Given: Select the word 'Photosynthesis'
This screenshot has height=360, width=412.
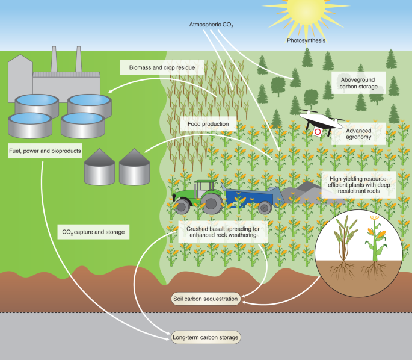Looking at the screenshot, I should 306,41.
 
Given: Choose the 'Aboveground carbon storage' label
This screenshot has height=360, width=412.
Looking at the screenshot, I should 359,82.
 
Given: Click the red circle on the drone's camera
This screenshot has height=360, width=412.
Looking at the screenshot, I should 318,131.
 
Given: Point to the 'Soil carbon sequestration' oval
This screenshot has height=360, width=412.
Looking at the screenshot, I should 206,298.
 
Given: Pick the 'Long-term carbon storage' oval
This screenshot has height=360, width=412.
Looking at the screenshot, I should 206,337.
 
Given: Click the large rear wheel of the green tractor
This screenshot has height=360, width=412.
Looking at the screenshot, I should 211,203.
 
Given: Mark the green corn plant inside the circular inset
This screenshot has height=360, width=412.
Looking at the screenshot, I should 375,247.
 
